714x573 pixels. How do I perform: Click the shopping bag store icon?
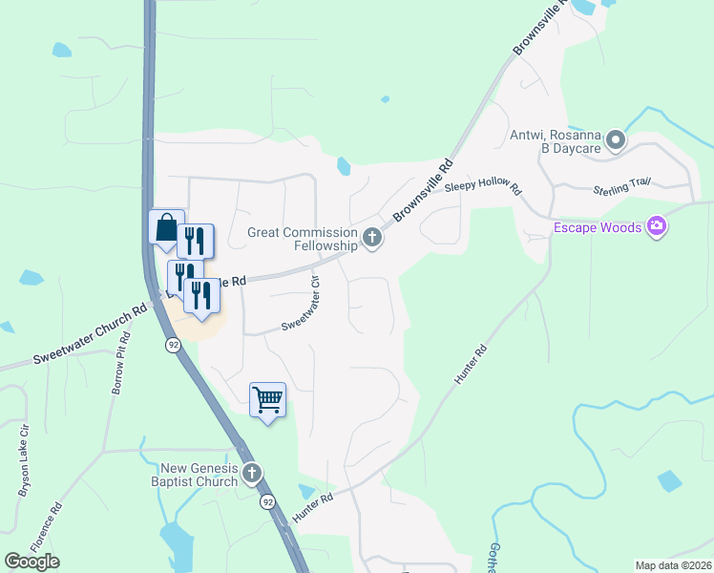pyautogui.click(x=165, y=228)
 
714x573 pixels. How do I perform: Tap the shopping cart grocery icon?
pyautogui.click(x=267, y=398)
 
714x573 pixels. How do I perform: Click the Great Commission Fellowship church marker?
pyautogui.click(x=372, y=238)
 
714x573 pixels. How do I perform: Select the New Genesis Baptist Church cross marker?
pyautogui.click(x=252, y=473)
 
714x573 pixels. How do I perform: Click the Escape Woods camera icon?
pyautogui.click(x=656, y=227)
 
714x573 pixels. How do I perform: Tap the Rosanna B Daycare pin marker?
pyautogui.click(x=616, y=141)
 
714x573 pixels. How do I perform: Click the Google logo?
pyautogui.click(x=32, y=562)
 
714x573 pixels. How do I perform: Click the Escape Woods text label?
pyautogui.click(x=598, y=229)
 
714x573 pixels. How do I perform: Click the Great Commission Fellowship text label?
pyautogui.click(x=303, y=239)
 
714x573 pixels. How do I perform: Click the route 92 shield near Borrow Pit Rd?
pyautogui.click(x=173, y=346)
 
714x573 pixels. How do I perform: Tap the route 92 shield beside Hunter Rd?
pyautogui.click(x=267, y=500)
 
